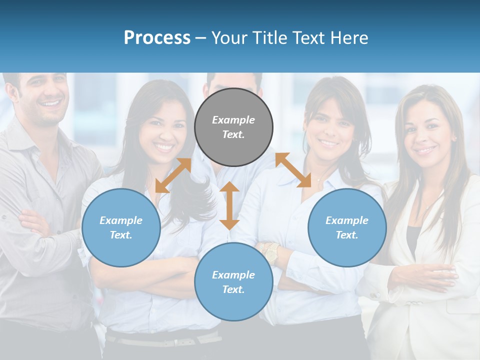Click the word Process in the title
[x=157, y=38]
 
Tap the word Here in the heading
[x=348, y=38]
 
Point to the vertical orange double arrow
[x=229, y=205]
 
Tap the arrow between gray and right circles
[x=293, y=170]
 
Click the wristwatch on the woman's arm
[x=270, y=253]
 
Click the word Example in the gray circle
[x=233, y=120]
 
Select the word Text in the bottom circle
[x=233, y=289]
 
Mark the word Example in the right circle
[x=347, y=220]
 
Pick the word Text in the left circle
[x=121, y=235]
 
